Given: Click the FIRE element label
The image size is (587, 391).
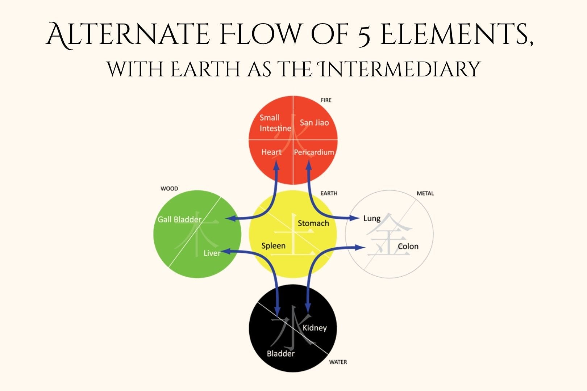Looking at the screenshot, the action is tap(326, 100).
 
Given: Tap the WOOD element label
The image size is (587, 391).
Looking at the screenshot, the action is tap(169, 189).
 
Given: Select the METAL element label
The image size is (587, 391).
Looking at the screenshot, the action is tap(425, 193).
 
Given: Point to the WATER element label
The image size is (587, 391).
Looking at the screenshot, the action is tap(338, 362).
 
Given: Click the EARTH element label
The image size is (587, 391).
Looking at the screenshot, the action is tap(329, 193).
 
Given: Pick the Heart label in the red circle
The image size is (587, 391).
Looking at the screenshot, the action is tap(271, 152).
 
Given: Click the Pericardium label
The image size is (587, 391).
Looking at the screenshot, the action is tap(314, 152).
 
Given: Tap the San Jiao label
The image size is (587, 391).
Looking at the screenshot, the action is tap(314, 123).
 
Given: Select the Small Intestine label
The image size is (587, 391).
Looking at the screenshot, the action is tap(275, 123).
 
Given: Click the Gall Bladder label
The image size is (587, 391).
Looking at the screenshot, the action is tap(179, 219).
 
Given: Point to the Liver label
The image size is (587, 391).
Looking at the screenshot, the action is tap(212, 253).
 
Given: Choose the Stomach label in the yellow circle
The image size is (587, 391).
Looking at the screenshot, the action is tap(313, 223).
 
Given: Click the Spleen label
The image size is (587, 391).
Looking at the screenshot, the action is tap(273, 246).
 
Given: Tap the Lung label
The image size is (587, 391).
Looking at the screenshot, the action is tap(372, 218).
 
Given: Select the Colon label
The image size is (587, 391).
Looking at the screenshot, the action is tap(408, 247).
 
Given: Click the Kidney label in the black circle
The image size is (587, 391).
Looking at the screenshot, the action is tap(315, 328).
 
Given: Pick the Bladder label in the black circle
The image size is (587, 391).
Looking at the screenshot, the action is tap(280, 354).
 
